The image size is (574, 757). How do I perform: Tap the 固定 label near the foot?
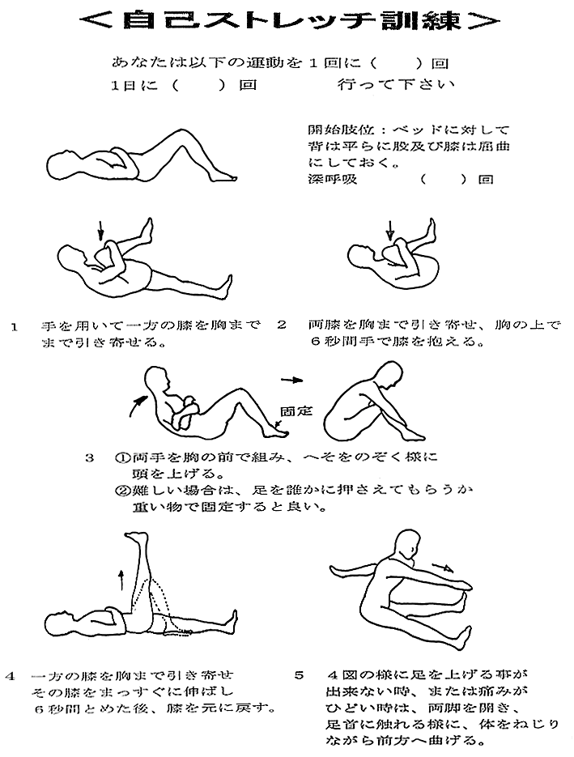[x=296, y=411]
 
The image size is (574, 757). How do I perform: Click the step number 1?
[x=15, y=327]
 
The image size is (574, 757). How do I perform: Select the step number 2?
[x=282, y=325]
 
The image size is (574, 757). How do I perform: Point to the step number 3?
[x=89, y=457]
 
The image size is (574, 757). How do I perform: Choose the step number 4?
[x=11, y=675]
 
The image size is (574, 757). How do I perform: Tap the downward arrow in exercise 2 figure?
[x=390, y=230]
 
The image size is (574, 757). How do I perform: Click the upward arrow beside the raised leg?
[x=121, y=579]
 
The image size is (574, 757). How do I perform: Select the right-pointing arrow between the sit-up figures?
[x=292, y=380]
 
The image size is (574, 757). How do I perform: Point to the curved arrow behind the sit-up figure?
[x=137, y=406]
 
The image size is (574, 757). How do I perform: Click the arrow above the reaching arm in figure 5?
[x=443, y=565]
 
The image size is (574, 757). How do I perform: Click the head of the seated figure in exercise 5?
[x=406, y=543]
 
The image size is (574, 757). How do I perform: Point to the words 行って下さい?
[x=396, y=85]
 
